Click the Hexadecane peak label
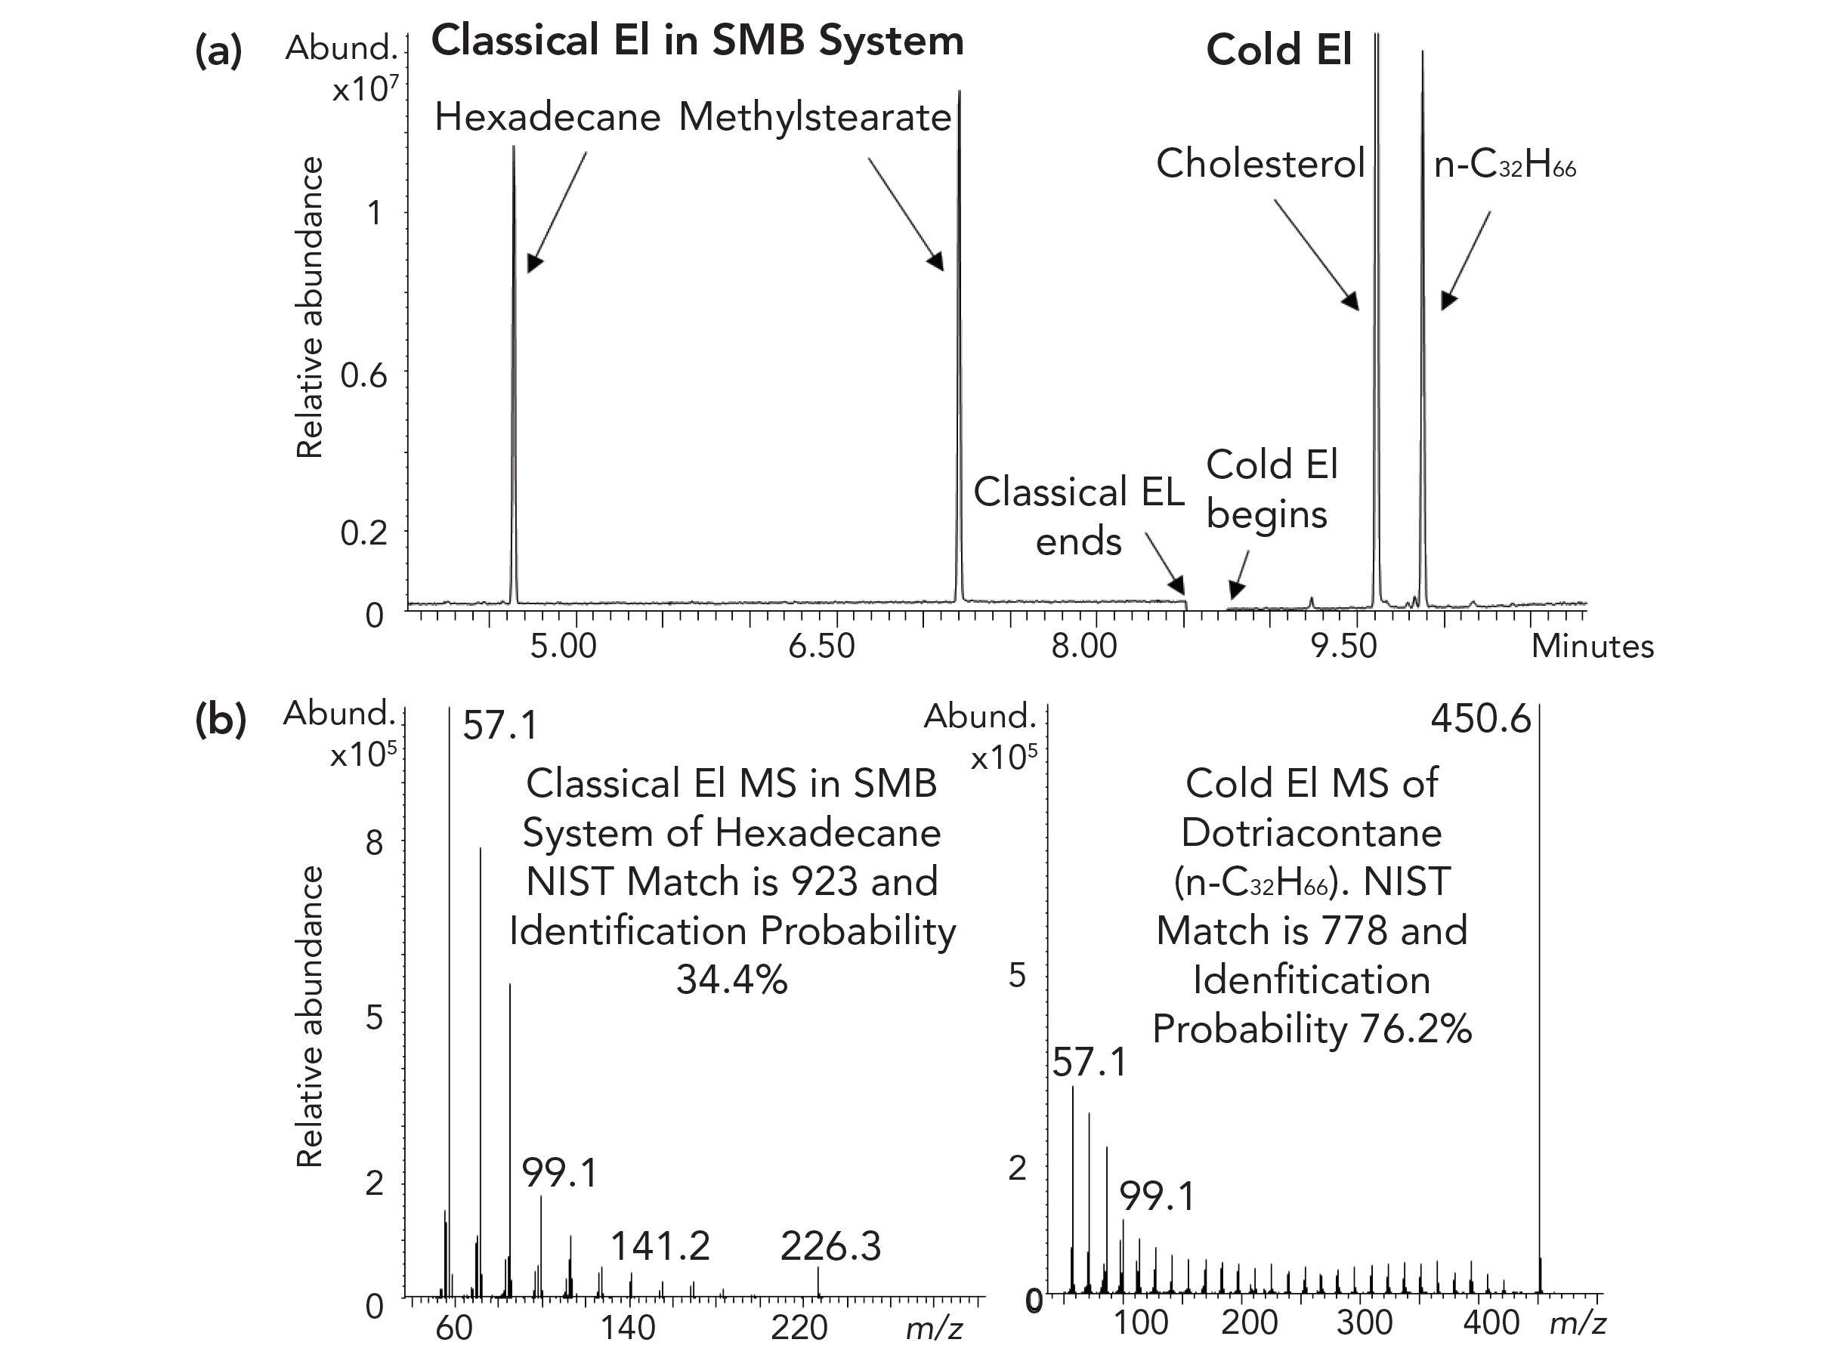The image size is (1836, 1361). (547, 118)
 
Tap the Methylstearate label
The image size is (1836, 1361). (814, 118)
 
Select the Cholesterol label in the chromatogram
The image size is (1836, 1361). (1260, 163)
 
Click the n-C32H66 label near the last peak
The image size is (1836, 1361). (1504, 165)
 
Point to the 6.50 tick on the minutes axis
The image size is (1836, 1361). (821, 646)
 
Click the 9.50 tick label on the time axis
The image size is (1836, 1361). (1344, 646)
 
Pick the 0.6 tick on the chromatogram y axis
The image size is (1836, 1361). (363, 375)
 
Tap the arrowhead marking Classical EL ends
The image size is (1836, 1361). (1180, 586)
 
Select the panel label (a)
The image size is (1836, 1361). (218, 51)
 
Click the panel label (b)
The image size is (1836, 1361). (220, 719)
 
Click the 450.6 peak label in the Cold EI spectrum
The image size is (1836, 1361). (1480, 719)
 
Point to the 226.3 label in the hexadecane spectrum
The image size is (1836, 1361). (830, 1246)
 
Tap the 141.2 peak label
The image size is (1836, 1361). (660, 1246)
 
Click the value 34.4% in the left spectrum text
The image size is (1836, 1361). (732, 980)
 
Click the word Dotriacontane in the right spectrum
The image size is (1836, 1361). (1311, 832)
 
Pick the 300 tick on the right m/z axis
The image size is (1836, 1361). (1365, 1322)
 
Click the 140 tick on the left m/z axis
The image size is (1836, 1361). (628, 1328)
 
